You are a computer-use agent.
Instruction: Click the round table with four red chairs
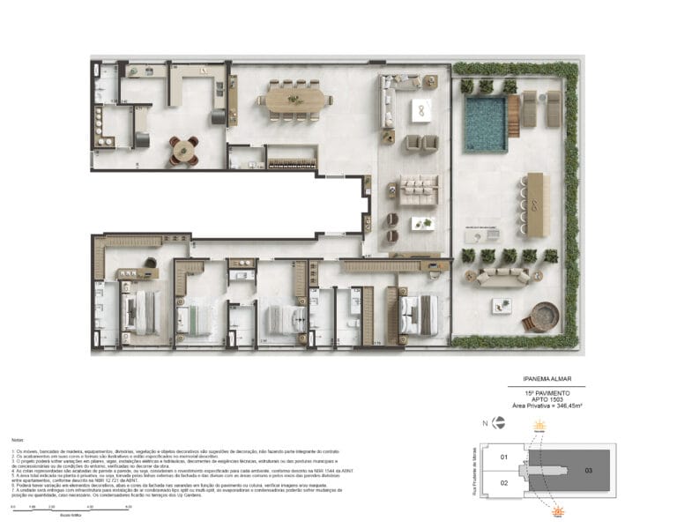[x=185, y=151]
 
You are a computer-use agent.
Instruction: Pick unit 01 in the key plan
[x=505, y=457]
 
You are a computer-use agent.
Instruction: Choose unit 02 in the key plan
[x=505, y=483]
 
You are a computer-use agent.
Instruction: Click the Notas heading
[x=18, y=438]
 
